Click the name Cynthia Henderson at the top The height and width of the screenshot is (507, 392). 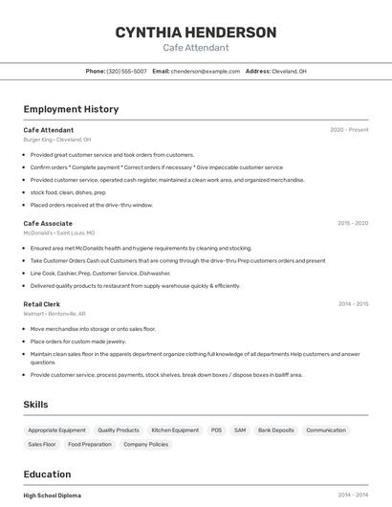coord(196,33)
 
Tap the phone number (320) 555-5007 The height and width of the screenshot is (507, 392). coord(127,71)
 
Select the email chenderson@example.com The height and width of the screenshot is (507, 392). coord(206,71)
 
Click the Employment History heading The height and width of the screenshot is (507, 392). coord(71,109)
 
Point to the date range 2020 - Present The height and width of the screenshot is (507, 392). coord(349,129)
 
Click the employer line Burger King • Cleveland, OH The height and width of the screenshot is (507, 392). coord(57,140)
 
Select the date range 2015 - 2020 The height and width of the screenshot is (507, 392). coord(353,223)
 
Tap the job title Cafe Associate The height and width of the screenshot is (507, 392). coord(48,223)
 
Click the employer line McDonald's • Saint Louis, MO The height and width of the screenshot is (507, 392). coord(59,232)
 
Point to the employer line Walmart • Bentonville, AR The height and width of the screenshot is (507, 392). coord(54,314)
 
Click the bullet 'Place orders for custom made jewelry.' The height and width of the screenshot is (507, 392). coord(77,341)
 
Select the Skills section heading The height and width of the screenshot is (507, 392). coord(35,405)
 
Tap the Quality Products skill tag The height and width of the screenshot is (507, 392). coord(119,430)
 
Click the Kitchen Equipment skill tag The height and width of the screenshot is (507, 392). coord(175,430)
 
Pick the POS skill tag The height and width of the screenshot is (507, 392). coord(216,430)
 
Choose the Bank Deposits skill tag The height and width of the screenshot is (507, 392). coord(276,430)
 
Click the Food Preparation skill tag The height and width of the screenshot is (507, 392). coord(90,444)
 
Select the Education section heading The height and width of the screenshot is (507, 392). coord(47,474)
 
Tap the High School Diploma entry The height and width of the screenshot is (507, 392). coord(53,496)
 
